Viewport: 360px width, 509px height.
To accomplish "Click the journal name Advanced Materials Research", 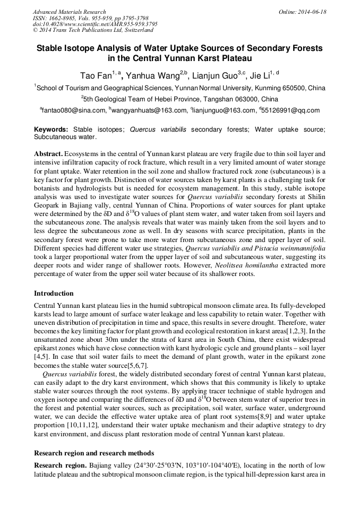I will point(69,12).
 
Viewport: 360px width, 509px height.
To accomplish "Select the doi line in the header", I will point(95,24).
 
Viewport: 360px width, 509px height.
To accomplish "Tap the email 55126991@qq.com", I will point(291,110).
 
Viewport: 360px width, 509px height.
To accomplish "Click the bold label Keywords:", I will point(51,130).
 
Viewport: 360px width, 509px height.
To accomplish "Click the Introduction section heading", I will point(54,294).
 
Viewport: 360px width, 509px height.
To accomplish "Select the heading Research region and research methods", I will point(94,453).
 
